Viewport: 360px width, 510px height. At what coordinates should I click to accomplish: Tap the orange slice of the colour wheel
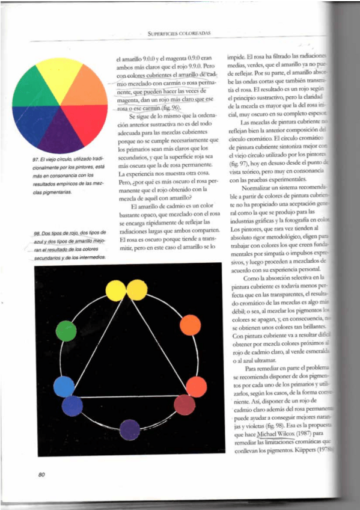click(x=88, y=87)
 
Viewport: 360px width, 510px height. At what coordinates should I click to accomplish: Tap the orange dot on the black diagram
click(x=191, y=325)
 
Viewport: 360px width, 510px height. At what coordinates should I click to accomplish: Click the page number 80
click(x=41, y=475)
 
